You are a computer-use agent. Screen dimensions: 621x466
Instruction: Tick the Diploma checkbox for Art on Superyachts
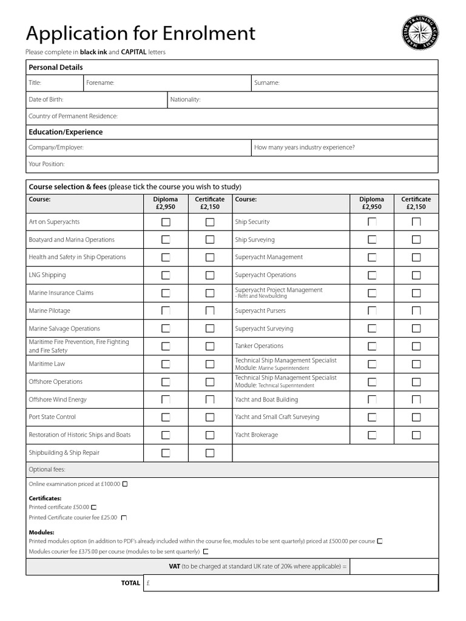tap(166, 222)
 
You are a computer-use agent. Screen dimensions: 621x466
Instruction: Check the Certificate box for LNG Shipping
tap(210, 275)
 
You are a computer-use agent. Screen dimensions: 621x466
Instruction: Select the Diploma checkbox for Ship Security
tap(372, 222)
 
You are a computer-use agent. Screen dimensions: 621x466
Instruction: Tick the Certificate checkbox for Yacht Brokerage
tap(416, 435)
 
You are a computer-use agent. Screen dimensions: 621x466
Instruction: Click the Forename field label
tap(100, 83)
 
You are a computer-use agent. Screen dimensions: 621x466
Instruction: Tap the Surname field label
tap(267, 83)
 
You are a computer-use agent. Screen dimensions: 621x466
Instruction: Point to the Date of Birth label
tap(46, 99)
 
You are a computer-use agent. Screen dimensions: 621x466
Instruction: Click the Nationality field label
tap(185, 99)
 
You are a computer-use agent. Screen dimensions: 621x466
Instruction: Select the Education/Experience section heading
tap(66, 132)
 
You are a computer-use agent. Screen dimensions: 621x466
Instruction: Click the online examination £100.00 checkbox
tap(125, 484)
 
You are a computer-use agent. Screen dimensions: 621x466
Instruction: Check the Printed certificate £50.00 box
tap(93, 507)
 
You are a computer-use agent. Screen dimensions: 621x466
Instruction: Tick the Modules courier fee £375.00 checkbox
tap(206, 552)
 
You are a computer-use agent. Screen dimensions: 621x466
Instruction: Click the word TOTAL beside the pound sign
tap(130, 583)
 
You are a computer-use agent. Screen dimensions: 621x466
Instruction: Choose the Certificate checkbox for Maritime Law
tap(210, 364)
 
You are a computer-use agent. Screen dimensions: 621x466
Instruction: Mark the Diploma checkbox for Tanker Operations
tap(372, 346)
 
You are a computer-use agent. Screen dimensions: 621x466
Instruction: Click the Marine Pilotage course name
tap(50, 310)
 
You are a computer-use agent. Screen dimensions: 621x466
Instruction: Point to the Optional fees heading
tap(47, 469)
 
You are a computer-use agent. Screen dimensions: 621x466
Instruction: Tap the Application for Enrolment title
tap(140, 33)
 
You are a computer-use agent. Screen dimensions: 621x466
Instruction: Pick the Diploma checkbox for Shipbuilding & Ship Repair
tap(166, 453)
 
